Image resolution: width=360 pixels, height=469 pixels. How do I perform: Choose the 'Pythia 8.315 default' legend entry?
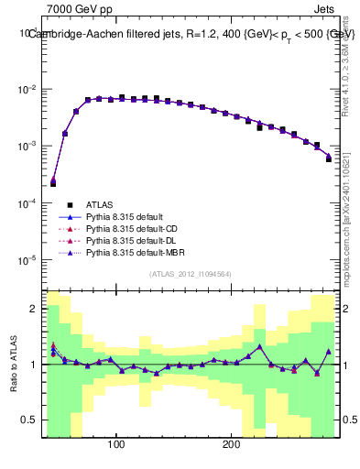(123, 217)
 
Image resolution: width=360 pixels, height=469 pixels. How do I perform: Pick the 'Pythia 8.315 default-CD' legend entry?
(129, 229)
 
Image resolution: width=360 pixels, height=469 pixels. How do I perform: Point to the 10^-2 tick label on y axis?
(29, 90)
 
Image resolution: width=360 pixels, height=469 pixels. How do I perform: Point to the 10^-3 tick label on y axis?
(29, 147)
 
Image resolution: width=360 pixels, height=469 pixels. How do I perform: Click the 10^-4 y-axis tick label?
(29, 203)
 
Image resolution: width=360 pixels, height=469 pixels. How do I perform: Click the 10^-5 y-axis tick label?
(29, 260)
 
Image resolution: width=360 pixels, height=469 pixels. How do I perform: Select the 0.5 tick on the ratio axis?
(31, 421)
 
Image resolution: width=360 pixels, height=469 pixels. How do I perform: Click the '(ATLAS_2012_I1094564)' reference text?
(191, 273)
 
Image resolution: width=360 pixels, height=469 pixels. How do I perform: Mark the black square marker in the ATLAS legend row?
(69, 205)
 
